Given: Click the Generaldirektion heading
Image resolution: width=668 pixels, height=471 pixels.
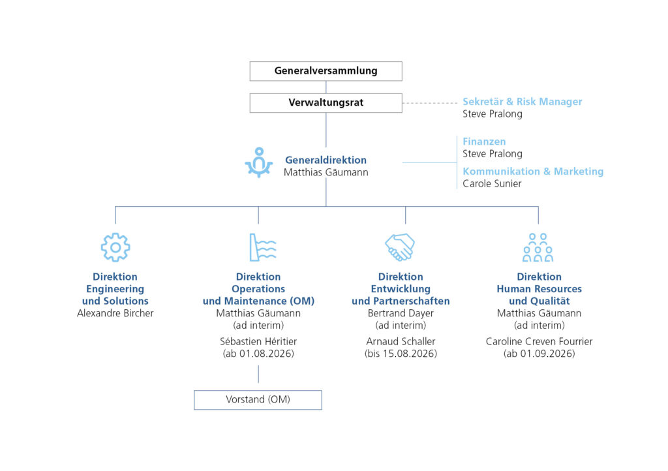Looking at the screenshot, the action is coord(326,160).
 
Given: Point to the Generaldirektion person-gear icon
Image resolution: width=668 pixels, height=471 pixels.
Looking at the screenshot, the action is coord(258,162).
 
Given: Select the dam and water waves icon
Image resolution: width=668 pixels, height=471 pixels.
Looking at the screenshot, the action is coord(262,247).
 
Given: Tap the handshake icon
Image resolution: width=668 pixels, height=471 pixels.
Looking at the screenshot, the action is coord(400,247).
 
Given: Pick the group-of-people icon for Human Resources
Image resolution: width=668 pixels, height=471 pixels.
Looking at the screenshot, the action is coord(538,247).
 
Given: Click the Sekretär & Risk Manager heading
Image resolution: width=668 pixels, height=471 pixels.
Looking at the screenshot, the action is coord(523,102).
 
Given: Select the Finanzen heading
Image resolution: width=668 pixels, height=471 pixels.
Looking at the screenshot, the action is coord(485,142).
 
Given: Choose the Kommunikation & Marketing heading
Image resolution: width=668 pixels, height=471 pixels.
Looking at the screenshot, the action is coord(533,171).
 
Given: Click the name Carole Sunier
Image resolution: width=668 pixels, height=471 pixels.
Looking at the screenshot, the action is coord(492,183).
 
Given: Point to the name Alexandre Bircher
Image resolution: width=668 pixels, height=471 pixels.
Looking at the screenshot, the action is coord(115,313).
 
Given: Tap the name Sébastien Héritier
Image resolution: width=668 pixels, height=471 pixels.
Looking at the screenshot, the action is coord(258,342).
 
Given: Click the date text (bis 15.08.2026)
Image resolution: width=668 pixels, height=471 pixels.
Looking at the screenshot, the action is coord(401,354).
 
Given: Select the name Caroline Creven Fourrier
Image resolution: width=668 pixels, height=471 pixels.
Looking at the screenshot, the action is coord(539,342).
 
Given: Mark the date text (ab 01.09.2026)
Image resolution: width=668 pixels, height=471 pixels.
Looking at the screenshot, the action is coord(539,354).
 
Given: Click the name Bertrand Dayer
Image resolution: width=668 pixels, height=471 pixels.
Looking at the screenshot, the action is coord(401,313).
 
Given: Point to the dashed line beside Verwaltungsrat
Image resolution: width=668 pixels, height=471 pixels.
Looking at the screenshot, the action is coord(430,103).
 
